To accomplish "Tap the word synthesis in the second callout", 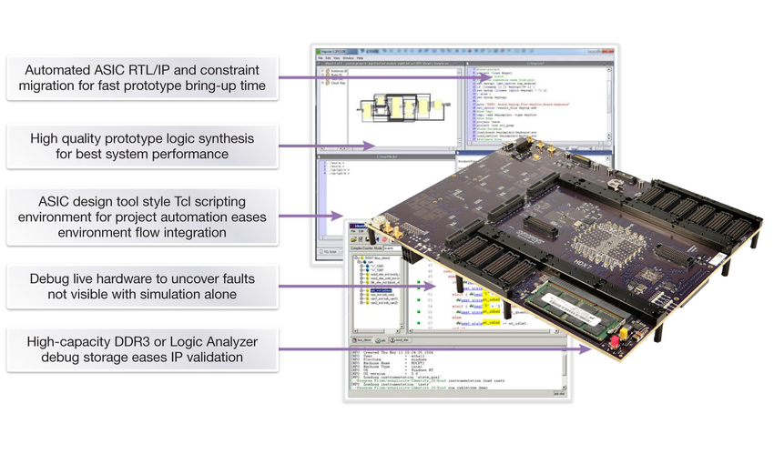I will (x=224, y=138).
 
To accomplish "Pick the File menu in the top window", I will (x=321, y=57).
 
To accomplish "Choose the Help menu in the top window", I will (x=360, y=57).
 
